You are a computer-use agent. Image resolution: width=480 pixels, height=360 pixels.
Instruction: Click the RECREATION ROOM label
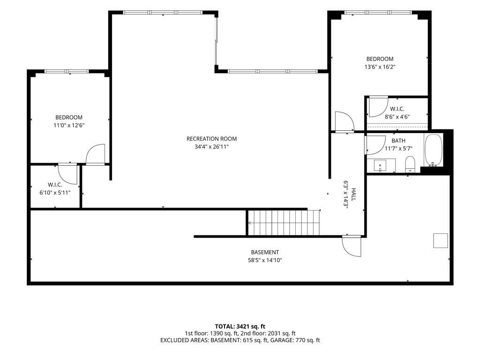211,139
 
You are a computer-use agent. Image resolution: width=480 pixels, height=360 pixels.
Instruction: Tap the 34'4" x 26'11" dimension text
211,147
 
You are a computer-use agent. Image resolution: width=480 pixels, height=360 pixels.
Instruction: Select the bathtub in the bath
433,150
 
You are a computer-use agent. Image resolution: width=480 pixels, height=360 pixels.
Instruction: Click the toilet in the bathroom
410,165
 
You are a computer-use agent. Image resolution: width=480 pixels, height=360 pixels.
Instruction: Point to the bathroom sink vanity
381,165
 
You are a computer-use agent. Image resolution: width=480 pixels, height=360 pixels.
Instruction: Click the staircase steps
284,223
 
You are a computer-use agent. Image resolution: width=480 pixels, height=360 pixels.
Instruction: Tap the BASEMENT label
265,252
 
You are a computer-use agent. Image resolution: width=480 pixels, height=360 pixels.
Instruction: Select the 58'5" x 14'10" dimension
265,260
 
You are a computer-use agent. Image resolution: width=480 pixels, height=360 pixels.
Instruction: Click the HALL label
353,195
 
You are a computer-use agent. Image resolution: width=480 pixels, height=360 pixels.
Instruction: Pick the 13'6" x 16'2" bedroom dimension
380,67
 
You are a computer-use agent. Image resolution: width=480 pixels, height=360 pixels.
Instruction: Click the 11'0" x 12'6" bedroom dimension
69,125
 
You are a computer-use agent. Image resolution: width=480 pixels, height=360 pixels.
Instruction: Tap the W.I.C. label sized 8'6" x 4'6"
397,109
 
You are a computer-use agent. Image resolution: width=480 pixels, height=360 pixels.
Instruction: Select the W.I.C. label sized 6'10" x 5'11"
55,185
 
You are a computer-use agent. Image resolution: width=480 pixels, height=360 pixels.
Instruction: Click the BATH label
398,141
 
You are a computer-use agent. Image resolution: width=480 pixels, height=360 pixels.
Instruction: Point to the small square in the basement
441,240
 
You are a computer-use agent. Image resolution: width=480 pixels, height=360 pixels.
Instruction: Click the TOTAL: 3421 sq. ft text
240,326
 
